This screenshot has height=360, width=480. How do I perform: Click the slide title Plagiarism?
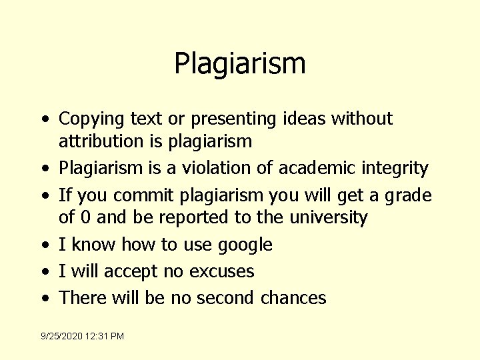pyautogui.click(x=240, y=64)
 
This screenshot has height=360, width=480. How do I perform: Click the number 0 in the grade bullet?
pyautogui.click(x=85, y=218)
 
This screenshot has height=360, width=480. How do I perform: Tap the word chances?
pyautogui.click(x=293, y=297)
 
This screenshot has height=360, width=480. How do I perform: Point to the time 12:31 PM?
pyautogui.click(x=109, y=337)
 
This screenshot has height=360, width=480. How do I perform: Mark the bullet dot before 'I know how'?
pyautogui.click(x=45, y=245)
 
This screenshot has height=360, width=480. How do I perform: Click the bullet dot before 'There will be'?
pyautogui.click(x=45, y=298)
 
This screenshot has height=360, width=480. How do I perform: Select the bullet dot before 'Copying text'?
pyautogui.click(x=45, y=120)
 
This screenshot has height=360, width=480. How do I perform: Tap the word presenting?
pyautogui.click(x=233, y=119)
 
